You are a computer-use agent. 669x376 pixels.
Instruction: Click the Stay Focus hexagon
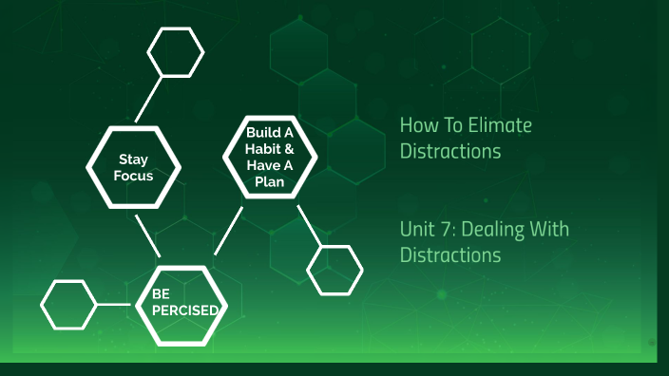[x=133, y=166]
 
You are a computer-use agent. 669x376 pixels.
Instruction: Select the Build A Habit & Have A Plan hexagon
[x=270, y=157]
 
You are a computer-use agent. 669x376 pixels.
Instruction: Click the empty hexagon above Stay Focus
[x=175, y=51]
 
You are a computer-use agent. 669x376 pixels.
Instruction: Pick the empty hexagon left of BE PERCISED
[x=69, y=304]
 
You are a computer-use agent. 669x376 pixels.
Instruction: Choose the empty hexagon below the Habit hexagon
[x=335, y=270]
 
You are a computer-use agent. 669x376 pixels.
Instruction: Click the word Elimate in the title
[x=505, y=125]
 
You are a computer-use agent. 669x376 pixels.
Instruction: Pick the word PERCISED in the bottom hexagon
[x=184, y=310]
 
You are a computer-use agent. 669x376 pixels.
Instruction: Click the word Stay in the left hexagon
[x=133, y=159]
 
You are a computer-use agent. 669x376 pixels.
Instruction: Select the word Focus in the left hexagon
[x=133, y=176]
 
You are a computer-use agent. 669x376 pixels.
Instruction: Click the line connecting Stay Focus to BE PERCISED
[x=146, y=236]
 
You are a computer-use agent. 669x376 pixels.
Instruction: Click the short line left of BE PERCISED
[x=113, y=304]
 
